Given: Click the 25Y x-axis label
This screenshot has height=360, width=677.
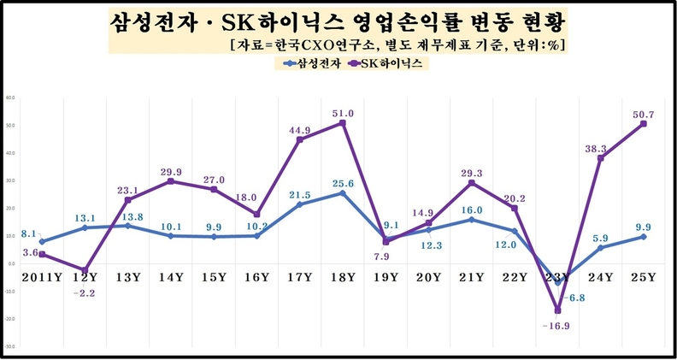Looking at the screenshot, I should point(643,277).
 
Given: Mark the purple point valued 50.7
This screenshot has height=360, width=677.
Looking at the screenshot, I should point(643,124).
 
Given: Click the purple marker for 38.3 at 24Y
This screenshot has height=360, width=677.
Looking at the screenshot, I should point(600,158).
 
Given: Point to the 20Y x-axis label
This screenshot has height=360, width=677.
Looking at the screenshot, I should point(427,277).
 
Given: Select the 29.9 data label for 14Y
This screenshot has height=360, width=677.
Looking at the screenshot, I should point(172,172).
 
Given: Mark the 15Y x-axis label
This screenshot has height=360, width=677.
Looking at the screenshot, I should point(214,277).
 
